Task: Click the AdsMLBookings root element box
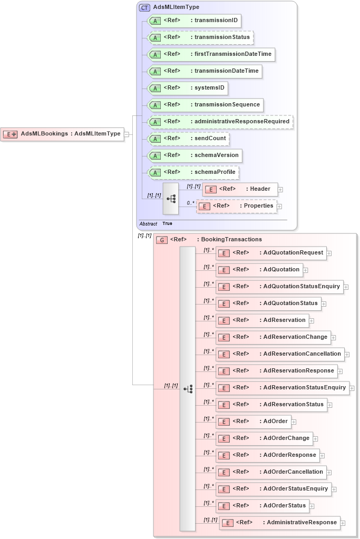pos(62,134)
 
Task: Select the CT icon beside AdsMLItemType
pos(144,7)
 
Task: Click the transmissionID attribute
pos(194,21)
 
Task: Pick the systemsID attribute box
pos(188,88)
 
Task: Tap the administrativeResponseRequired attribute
pos(220,122)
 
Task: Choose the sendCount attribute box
pos(189,139)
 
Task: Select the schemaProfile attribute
pos(193,172)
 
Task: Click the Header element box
pos(239,189)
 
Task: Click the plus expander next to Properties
pos(279,207)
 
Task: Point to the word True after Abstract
pos(167,223)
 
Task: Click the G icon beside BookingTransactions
pos(162,240)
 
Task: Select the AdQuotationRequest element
pos(271,253)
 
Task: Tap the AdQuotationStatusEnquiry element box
pos(279,287)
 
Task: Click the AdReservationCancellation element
pos(280,354)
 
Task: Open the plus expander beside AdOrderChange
pos(316,438)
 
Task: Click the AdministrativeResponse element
pos(279,523)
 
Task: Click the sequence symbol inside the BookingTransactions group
pos(188,389)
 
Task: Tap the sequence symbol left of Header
pos(171,199)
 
